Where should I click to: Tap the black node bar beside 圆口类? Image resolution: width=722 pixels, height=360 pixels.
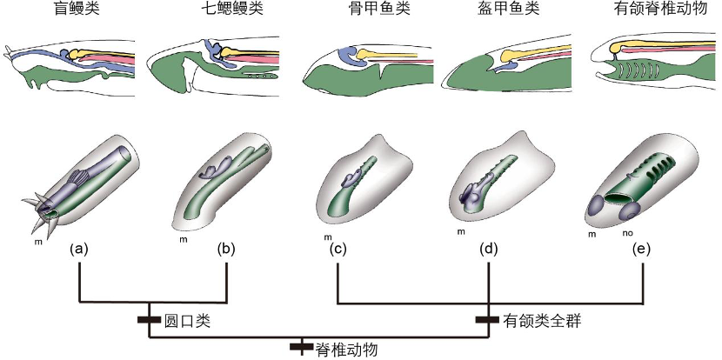[x=150, y=320]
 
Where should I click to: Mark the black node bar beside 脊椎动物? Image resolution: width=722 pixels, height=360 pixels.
[x=301, y=348]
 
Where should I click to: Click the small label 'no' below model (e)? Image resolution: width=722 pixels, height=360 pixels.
[x=627, y=233]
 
